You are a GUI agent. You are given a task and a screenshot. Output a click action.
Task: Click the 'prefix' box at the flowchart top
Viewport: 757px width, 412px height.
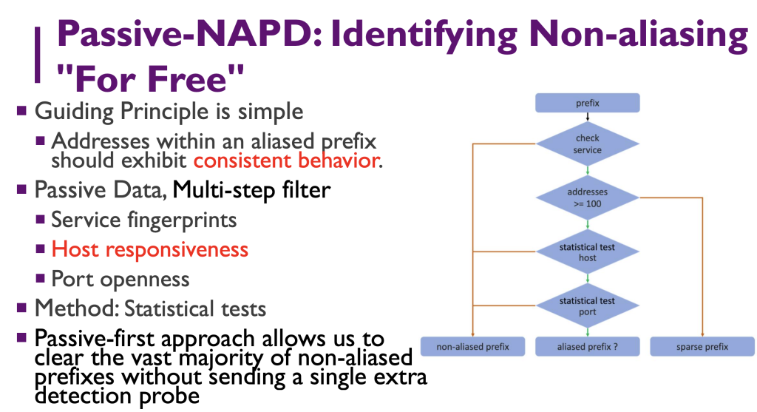coord(588,103)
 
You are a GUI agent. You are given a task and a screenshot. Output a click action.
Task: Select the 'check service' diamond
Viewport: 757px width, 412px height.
coord(588,144)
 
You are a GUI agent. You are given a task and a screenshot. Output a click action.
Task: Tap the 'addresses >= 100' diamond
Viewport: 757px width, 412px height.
coord(588,197)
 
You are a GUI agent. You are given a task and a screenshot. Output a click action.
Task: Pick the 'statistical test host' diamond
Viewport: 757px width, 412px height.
coord(588,251)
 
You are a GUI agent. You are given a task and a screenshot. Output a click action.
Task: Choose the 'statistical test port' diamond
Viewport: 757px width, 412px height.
coord(588,306)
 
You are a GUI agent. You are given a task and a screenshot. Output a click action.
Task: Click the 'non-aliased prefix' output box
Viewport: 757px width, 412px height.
coord(472,347)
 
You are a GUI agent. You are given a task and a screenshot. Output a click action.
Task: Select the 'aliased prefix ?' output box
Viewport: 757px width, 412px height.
coord(588,347)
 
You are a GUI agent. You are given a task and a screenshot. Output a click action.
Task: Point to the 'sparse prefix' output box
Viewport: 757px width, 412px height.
coord(702,347)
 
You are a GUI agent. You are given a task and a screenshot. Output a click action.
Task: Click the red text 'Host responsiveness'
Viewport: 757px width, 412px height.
coord(149,249)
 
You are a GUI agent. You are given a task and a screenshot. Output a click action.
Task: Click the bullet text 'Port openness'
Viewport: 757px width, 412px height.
coord(120,279)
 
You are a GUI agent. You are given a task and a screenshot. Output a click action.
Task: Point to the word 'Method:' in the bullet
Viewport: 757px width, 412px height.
coord(77,308)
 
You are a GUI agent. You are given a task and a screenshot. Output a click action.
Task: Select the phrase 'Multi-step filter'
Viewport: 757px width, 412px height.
coord(251,190)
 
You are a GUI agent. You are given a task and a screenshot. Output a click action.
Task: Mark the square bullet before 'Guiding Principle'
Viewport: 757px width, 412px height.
coord(23,112)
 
